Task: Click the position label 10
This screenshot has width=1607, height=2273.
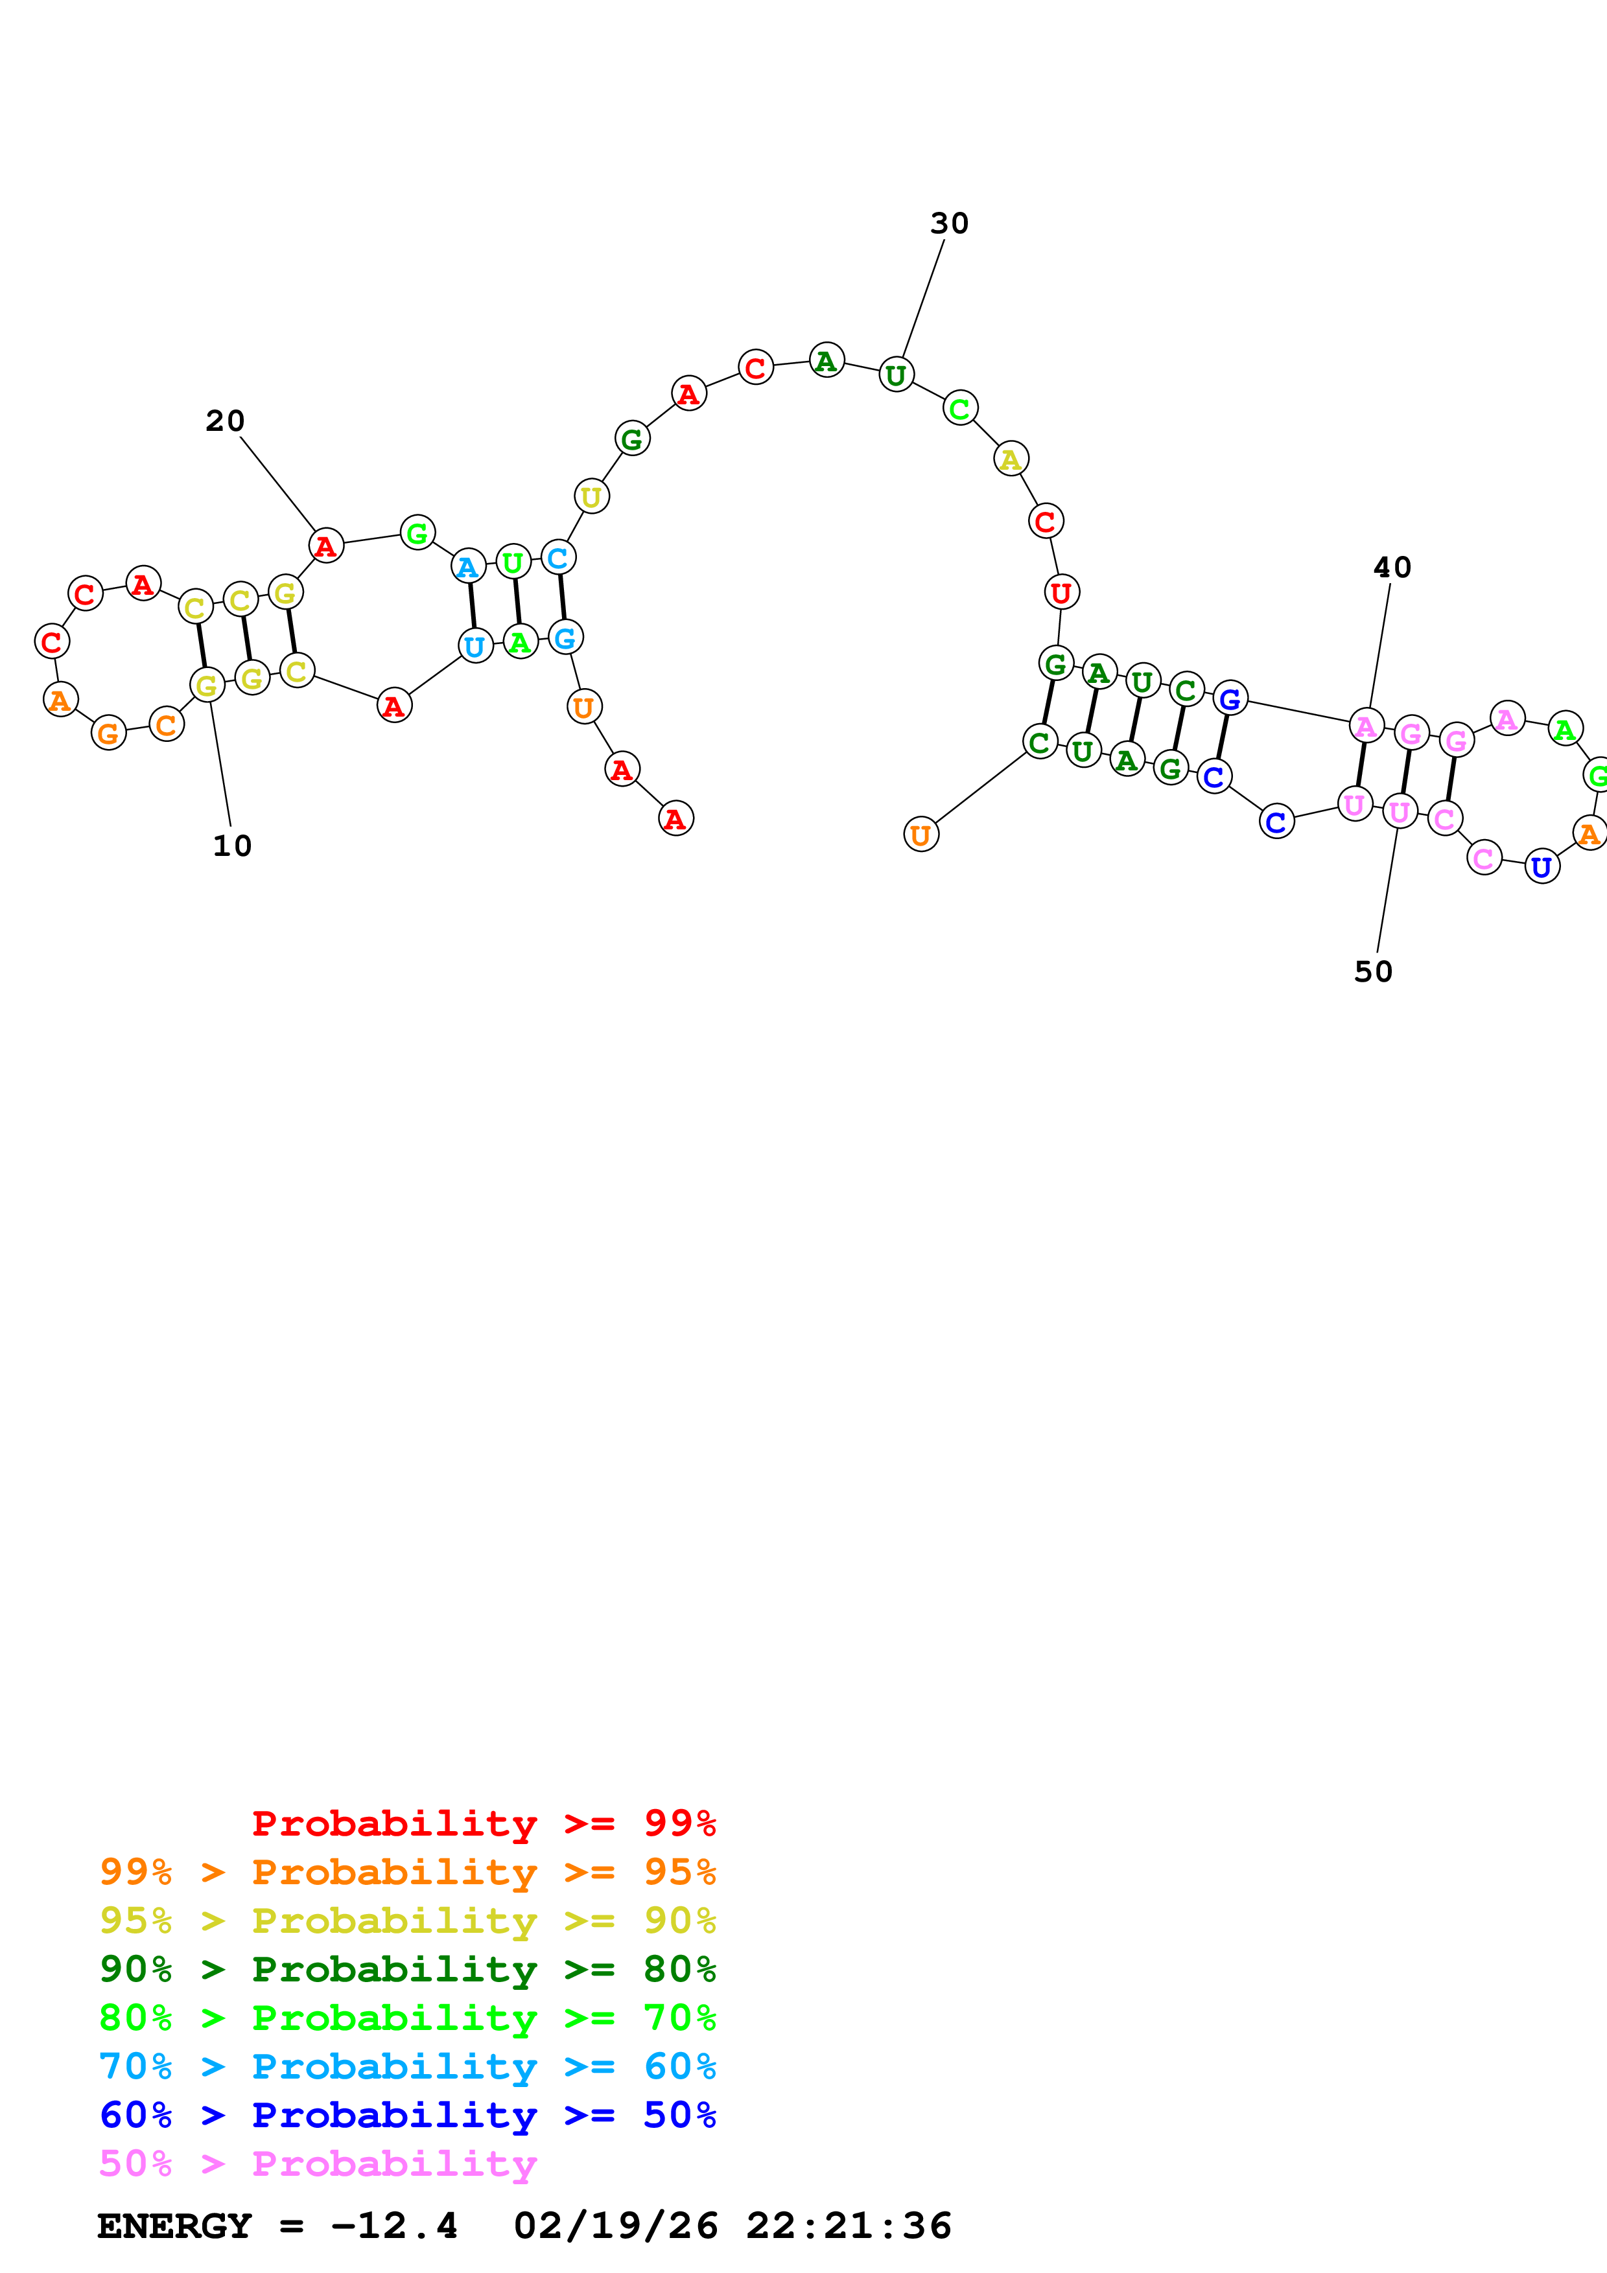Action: click(231, 846)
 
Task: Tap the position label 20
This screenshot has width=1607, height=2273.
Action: click(225, 421)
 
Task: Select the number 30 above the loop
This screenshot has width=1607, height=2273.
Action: click(948, 224)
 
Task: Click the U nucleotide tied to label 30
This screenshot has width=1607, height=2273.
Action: click(896, 375)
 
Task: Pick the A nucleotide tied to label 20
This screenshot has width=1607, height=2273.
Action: click(326, 546)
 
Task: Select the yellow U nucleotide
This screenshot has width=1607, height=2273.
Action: click(591, 497)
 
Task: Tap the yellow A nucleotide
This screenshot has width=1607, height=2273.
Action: click(1010, 459)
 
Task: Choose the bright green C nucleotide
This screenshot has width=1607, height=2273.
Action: click(959, 408)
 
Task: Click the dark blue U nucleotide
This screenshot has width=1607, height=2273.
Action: click(1542, 867)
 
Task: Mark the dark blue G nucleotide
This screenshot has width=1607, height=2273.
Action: click(1230, 699)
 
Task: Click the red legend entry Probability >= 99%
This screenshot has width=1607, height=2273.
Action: click(483, 1823)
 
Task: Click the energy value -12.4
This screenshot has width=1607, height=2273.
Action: click(394, 2226)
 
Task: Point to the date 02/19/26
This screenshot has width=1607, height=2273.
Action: click(615, 2226)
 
